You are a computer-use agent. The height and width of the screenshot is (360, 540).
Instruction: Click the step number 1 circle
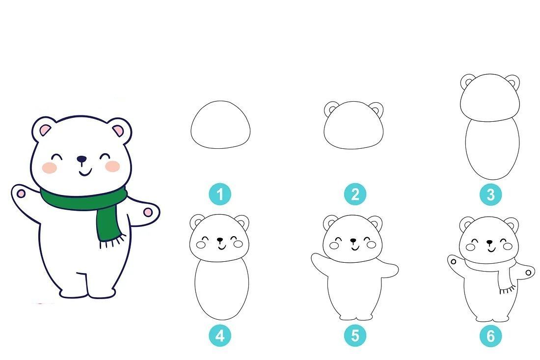(220, 194)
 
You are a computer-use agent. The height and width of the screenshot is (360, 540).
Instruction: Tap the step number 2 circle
(355, 194)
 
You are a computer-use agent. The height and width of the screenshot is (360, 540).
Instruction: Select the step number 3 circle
(490, 194)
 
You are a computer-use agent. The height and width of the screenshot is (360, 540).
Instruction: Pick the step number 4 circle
(220, 335)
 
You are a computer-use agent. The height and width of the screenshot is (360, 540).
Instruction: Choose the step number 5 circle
(355, 335)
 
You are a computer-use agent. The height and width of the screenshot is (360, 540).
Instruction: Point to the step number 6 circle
(490, 335)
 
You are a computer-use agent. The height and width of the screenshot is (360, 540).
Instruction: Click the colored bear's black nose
(81, 159)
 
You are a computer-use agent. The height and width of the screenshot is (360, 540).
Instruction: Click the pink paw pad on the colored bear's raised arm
(21, 194)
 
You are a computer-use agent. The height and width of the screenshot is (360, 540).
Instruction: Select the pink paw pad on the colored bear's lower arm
(148, 212)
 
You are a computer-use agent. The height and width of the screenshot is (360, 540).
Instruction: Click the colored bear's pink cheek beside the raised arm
(49, 168)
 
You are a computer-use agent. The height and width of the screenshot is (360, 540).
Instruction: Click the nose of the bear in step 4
(219, 239)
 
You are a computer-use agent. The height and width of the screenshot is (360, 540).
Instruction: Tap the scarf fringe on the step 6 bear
(508, 290)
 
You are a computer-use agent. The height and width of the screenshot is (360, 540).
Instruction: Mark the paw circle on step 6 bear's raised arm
(453, 262)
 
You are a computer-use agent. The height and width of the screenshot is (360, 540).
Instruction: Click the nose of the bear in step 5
(353, 240)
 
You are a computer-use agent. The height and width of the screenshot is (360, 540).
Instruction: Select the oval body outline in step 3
(465, 148)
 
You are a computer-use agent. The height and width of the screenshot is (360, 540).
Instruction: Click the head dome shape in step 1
(220, 101)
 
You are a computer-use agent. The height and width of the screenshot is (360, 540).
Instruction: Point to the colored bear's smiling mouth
(85, 172)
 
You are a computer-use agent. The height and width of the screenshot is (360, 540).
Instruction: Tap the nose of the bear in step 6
(489, 242)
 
